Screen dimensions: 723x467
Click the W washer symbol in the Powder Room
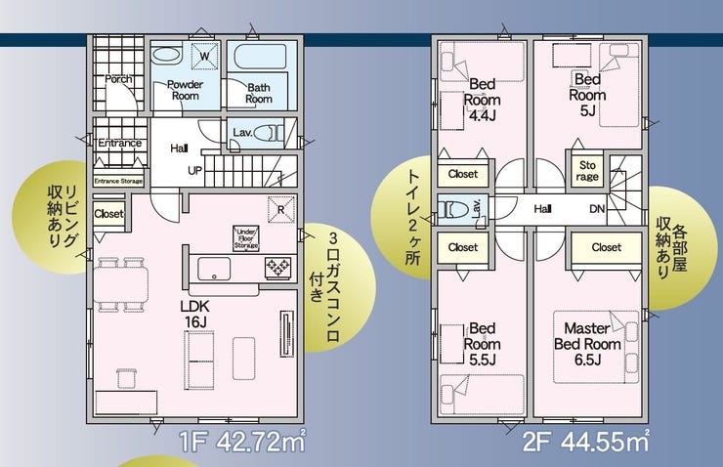[x=205, y=56]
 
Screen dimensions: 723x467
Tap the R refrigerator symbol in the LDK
[x=280, y=210]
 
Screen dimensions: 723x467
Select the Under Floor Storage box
[x=246, y=238]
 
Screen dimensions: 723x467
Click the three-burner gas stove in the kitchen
[x=278, y=268]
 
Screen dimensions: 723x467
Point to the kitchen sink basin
[x=214, y=269]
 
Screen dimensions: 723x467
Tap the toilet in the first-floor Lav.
[x=267, y=133]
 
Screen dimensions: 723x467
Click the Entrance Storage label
[x=118, y=181]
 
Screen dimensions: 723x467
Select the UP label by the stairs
[x=194, y=171]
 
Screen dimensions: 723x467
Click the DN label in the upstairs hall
[x=597, y=209]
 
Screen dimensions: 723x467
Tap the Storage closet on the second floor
[x=587, y=171]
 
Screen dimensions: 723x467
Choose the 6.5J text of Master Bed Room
[x=587, y=360]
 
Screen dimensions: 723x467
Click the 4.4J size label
[x=483, y=115]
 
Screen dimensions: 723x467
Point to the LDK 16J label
[x=195, y=315]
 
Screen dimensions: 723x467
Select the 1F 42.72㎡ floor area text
[x=242, y=442]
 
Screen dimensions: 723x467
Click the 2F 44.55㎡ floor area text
[x=586, y=442]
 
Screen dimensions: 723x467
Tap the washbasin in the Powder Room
[x=166, y=56]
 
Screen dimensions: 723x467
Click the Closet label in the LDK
[x=108, y=214]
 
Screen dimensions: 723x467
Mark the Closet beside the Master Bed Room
[x=607, y=248]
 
